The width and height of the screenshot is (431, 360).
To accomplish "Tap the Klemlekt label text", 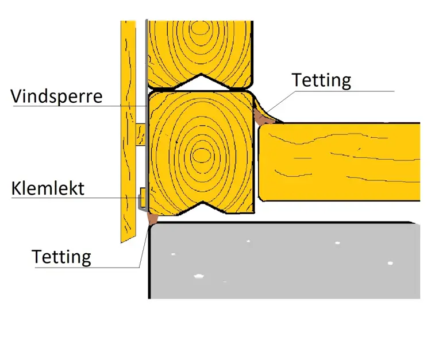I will click(48, 188).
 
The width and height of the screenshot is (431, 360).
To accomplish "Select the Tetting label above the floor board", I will click(321, 80).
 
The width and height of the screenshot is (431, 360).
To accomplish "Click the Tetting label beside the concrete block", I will click(61, 256).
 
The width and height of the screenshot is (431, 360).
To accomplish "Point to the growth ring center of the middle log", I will click(201, 154).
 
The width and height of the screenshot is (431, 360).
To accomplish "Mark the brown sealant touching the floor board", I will click(262, 118).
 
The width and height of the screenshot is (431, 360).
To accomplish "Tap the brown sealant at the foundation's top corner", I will click(152, 218).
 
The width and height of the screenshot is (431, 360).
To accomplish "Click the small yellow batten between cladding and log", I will click(141, 134).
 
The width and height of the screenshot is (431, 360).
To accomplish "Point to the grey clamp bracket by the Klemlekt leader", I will click(141, 198).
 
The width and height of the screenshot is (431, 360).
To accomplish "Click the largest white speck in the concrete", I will click(199, 276).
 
